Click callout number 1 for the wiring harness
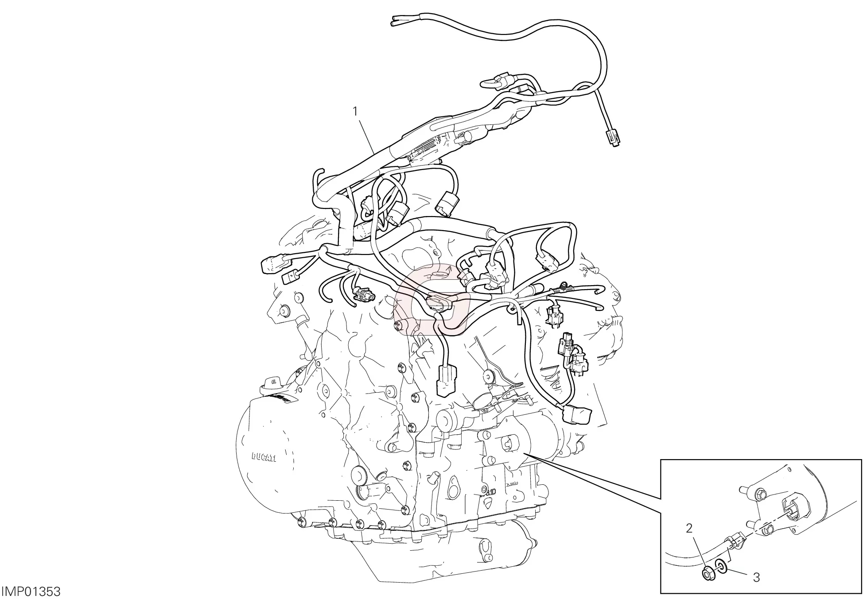coord(354,99)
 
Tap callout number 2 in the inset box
coord(689,528)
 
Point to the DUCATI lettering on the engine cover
coord(264,457)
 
